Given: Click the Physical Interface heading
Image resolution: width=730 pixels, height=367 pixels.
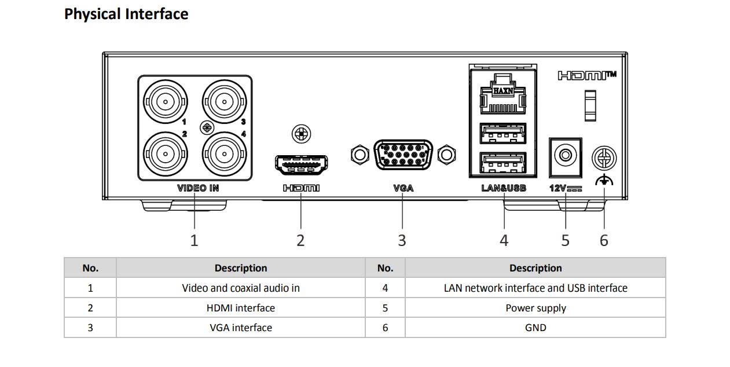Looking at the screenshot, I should pos(126,14).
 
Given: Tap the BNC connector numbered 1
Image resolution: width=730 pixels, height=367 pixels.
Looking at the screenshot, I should pos(166,102).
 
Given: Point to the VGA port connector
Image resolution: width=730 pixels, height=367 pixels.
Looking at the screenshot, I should pos(403,155).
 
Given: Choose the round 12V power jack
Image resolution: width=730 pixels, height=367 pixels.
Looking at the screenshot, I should pos(565,155).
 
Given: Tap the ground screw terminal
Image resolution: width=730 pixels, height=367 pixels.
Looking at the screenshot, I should pos(604,157).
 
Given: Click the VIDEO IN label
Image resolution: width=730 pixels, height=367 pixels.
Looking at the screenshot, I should pos(198,188).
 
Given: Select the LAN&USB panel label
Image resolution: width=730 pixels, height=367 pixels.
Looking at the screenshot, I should pos(504,188).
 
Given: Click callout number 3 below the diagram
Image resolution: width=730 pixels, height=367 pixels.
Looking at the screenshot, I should pos(402,240).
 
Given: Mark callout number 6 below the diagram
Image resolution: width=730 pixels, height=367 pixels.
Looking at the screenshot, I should pos(604,240).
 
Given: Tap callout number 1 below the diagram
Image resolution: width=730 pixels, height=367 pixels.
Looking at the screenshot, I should pos(194,240).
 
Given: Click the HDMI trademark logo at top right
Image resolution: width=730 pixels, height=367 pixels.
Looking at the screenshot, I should pos(586,76).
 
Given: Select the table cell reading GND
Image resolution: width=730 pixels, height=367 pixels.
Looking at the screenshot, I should pos(535,328).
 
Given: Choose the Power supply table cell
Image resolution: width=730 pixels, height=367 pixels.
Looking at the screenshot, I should pos(535,308).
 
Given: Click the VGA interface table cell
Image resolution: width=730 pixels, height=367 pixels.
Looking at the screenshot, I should pos(240,328).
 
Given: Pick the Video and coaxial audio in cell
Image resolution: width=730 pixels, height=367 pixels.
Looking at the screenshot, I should pos(240,288).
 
